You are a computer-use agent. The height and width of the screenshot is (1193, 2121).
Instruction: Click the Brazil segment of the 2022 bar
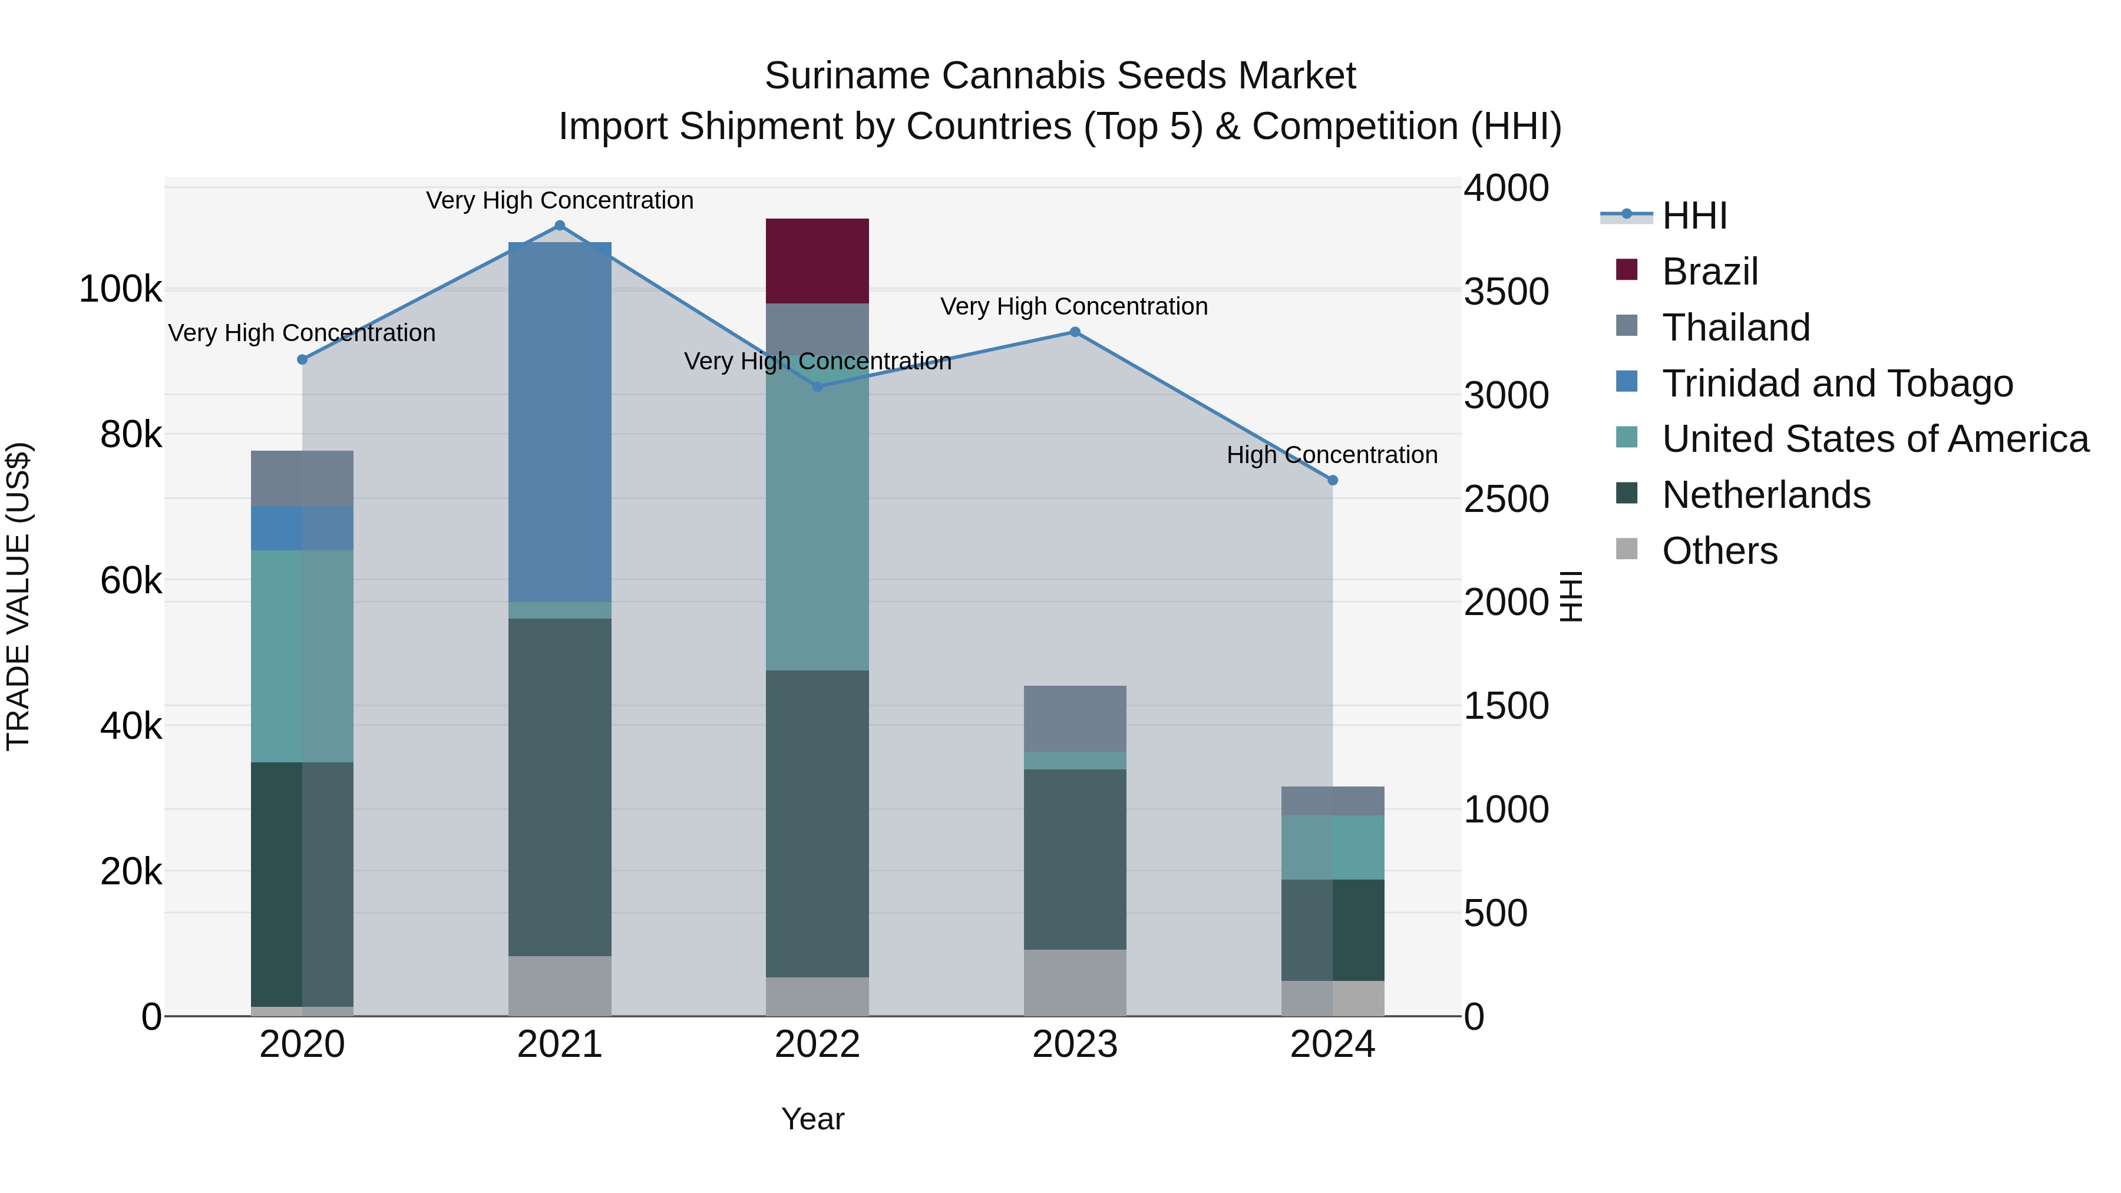[x=817, y=261]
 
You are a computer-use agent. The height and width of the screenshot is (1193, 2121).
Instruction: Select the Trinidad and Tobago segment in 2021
[x=560, y=422]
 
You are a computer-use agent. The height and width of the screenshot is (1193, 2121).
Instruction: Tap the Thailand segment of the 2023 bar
[x=1075, y=718]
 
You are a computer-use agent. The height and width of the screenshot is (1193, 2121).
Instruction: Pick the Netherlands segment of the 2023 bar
[x=1075, y=859]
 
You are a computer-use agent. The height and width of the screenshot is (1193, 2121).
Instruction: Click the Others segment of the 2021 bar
[x=560, y=986]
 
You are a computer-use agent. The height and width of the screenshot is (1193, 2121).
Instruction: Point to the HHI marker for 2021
[x=560, y=226]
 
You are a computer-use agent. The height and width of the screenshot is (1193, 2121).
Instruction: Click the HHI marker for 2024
[x=1332, y=480]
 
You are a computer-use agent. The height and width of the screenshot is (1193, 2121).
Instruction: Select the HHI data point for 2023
[x=1075, y=332]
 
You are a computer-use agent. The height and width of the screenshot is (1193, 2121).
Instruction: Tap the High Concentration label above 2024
[x=1332, y=454]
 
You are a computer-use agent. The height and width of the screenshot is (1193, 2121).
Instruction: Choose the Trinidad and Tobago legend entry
[x=1837, y=384]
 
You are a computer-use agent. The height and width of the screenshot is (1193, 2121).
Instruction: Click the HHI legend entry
[x=1694, y=216]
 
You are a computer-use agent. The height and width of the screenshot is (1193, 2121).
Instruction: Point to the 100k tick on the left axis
[x=120, y=290]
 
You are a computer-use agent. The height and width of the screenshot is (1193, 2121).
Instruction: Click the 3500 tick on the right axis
[x=1506, y=292]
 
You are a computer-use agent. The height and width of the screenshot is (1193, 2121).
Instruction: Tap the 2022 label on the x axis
[x=817, y=1045]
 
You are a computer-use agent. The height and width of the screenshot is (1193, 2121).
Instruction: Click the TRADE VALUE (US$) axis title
[x=18, y=596]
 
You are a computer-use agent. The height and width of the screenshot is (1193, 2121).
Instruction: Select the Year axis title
[x=812, y=1119]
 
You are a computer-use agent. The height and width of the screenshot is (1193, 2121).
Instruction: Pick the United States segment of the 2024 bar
[x=1332, y=847]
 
